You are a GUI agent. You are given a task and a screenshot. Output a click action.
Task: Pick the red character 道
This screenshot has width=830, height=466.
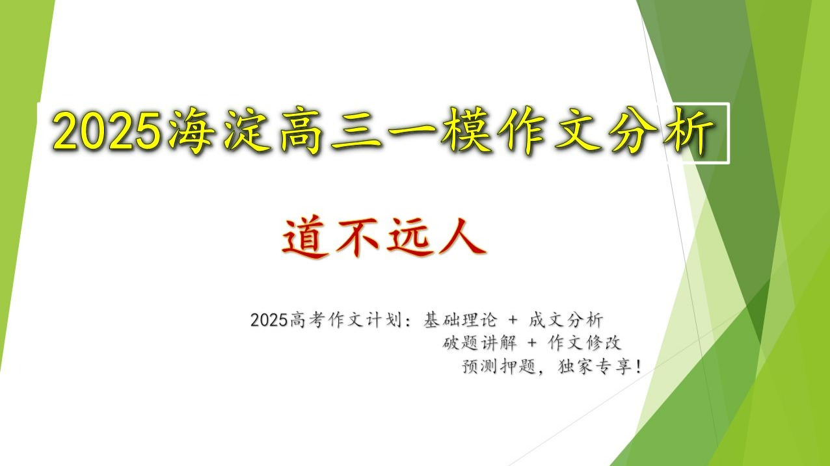pos(306,237)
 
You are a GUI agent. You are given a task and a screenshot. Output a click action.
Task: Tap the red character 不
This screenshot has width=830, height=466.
pos(358,237)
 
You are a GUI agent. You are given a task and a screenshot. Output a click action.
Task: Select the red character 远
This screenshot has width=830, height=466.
pos(410,237)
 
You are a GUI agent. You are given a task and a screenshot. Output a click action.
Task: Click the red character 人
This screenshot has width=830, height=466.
pos(462,237)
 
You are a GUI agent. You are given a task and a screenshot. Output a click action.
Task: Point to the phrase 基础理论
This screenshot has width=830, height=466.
pos(460,320)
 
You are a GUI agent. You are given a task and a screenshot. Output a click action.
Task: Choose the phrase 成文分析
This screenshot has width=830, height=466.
pos(566,320)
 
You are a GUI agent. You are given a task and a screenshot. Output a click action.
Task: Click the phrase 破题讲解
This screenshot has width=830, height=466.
pos(479,343)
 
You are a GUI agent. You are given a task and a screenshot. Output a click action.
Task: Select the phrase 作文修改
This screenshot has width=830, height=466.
pos(584,343)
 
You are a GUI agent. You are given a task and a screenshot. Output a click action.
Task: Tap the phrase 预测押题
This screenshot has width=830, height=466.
pos(499,367)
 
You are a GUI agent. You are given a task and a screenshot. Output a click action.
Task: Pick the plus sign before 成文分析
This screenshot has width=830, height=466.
pos(513,320)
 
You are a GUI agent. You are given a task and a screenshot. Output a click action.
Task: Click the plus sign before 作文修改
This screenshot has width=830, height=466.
pos(531,343)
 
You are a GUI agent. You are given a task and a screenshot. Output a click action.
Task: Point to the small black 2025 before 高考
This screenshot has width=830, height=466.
pos(269,320)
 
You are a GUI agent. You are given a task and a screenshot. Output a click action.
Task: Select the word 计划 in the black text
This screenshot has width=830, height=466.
pos(384,320)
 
